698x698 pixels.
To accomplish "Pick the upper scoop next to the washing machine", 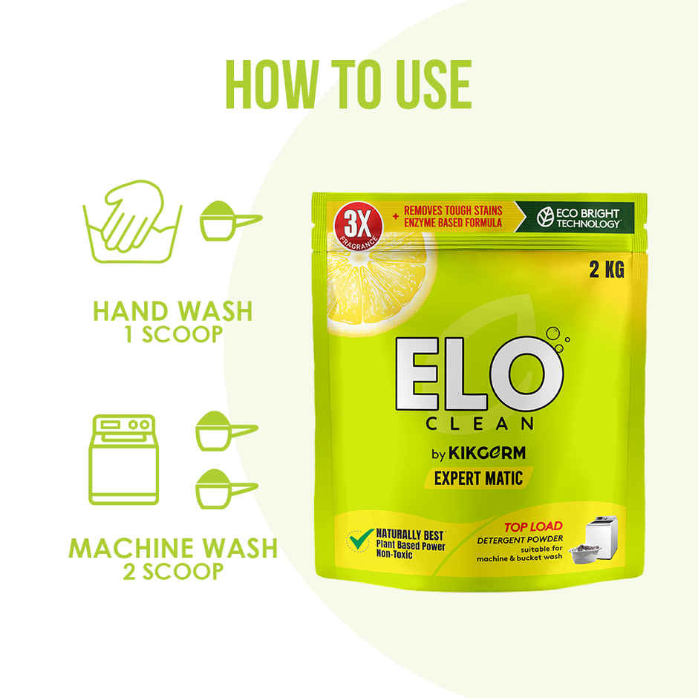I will [x=224, y=431].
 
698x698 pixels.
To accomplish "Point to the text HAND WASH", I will [x=172, y=310].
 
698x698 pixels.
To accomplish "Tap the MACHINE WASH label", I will [x=173, y=548].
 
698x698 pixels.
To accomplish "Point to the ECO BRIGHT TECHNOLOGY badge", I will [x=578, y=218].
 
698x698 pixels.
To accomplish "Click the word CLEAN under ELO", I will [x=480, y=424].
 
